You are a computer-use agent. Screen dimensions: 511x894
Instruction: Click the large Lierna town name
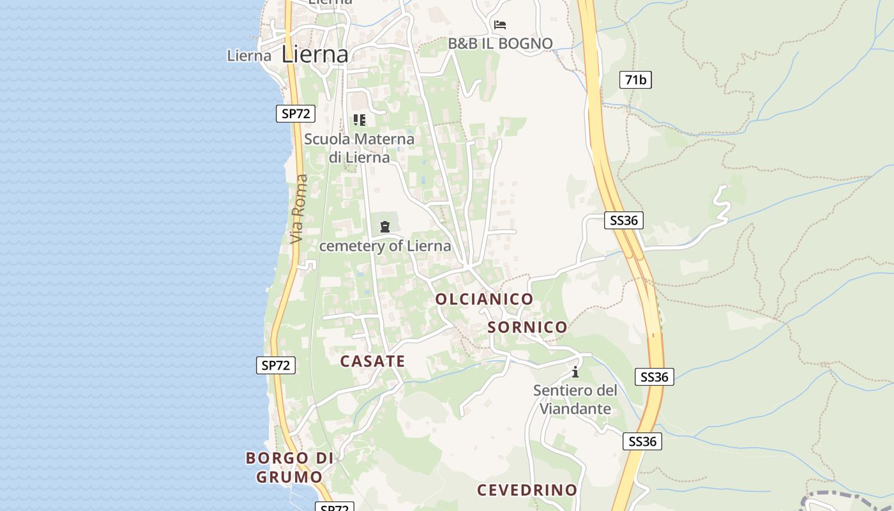(315, 54)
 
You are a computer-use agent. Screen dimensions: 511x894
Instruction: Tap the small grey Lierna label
(249, 56)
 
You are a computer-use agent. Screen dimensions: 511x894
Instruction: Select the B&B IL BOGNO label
(500, 43)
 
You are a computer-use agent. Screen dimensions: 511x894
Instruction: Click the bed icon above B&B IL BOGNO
(500, 25)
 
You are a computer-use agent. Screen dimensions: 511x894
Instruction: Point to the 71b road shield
(635, 80)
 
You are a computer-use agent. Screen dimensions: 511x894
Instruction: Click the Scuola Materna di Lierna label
(359, 148)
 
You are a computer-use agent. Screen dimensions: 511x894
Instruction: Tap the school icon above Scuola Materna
(360, 119)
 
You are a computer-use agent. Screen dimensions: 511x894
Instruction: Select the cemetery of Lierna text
(385, 246)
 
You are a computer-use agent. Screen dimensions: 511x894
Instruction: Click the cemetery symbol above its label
(384, 226)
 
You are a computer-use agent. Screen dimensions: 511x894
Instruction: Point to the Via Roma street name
(298, 209)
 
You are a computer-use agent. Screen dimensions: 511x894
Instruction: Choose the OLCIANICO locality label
(484, 299)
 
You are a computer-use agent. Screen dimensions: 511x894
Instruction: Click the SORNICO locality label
(527, 327)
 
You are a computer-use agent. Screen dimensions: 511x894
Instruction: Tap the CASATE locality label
(372, 361)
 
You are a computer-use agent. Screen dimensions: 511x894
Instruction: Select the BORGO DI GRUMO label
(290, 467)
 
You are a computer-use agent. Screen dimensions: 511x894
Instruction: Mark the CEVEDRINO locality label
(527, 490)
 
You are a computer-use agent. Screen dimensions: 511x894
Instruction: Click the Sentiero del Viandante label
(575, 399)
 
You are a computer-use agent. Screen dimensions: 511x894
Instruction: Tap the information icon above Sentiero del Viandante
(575, 372)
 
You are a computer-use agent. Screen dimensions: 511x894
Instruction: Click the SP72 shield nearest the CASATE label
(276, 365)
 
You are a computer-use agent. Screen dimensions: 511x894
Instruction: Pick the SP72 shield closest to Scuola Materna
(296, 114)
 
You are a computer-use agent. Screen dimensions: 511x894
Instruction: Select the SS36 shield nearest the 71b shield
(623, 220)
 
